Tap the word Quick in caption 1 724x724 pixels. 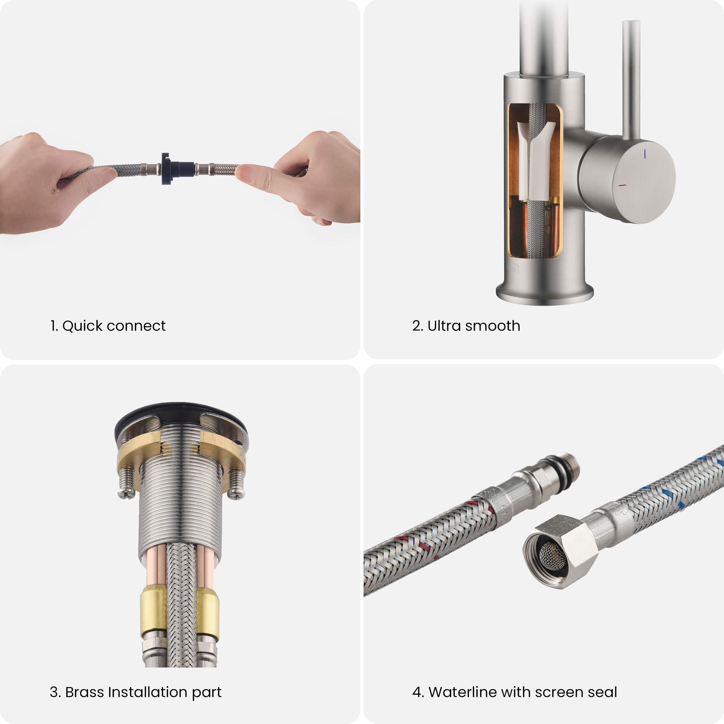[x=83, y=326]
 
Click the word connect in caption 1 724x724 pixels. [x=136, y=326]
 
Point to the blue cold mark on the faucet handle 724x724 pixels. [x=645, y=154]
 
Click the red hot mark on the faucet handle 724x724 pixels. [x=622, y=185]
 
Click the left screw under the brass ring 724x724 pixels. [x=127, y=483]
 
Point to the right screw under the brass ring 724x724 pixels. [x=236, y=484]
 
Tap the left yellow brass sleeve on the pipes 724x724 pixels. [x=153, y=612]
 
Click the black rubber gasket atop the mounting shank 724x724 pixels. [x=181, y=416]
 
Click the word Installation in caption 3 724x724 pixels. [x=148, y=692]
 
